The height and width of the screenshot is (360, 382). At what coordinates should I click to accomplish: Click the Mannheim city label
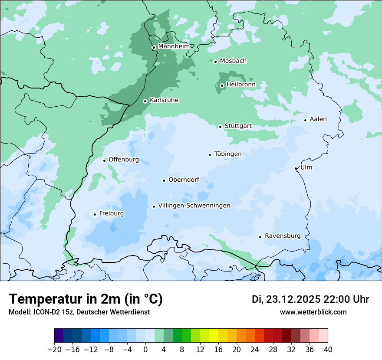tap(174, 46)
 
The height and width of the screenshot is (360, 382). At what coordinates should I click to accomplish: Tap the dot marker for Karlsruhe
tap(145, 101)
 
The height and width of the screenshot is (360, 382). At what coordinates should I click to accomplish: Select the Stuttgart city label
tap(238, 126)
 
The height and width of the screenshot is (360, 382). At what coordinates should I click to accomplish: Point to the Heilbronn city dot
tap(222, 85)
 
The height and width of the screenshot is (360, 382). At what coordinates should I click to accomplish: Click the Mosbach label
tap(233, 61)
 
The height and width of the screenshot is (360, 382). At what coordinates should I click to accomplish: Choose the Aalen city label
tap(318, 119)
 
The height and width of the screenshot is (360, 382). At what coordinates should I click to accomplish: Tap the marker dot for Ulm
tap(296, 168)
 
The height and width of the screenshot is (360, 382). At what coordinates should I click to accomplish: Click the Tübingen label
tap(228, 154)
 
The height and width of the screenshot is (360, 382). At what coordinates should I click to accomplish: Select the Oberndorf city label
tap(184, 180)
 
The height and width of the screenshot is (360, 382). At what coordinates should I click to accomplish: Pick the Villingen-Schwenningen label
tap(194, 206)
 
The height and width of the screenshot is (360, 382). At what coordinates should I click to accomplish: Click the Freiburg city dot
tap(95, 214)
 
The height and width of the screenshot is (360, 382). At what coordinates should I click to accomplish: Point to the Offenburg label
tap(124, 160)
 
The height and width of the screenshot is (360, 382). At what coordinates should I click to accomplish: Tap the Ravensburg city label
tap(283, 236)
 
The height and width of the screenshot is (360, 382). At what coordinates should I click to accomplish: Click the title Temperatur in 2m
tap(86, 299)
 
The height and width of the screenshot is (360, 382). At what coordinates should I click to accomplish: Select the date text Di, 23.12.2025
tap(286, 299)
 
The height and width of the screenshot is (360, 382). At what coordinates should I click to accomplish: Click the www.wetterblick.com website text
tap(313, 312)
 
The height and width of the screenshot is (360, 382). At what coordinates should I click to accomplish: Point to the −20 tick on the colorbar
tap(55, 349)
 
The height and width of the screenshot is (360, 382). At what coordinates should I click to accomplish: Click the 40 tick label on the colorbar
tap(328, 349)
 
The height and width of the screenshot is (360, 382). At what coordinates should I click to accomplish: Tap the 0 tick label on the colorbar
tap(145, 349)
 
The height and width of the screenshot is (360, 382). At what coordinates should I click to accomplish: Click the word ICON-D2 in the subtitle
tap(44, 312)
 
